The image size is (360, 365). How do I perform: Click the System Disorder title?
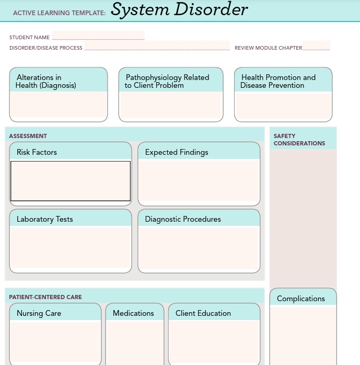tap(179, 10)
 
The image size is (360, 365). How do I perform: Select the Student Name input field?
tap(98, 36)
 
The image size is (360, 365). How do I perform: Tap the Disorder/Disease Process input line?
tap(157, 47)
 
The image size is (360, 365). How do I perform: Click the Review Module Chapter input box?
tap(316, 46)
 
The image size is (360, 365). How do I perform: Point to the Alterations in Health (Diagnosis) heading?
tap(46, 82)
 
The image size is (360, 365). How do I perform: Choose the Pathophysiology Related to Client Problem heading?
tap(167, 82)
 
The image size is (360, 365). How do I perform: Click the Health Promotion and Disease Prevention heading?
tap(278, 82)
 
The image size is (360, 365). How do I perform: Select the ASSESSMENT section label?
tap(28, 136)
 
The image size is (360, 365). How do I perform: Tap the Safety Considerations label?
tap(299, 140)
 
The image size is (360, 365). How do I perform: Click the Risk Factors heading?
tap(37, 152)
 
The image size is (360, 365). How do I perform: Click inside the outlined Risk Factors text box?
tap(71, 181)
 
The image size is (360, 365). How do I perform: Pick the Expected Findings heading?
tap(177, 152)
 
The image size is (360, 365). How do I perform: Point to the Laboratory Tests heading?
tap(44, 219)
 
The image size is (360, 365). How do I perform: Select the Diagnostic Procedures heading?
tap(183, 219)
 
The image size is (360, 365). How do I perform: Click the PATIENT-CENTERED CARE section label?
tap(45, 297)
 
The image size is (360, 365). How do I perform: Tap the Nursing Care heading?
tap(39, 313)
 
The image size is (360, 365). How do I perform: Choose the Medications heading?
tap(133, 313)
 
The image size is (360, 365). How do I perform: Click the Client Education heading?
tap(203, 313)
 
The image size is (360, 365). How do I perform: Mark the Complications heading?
tap(301, 299)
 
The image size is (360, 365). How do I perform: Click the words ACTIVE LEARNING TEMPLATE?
tap(59, 13)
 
